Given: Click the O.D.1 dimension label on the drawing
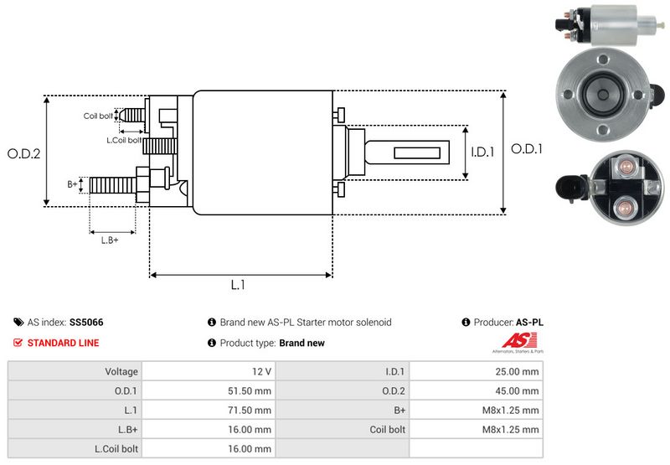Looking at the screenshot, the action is click(527, 149).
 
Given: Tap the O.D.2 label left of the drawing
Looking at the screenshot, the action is click(24, 154).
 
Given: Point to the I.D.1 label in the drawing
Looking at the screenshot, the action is click(482, 152).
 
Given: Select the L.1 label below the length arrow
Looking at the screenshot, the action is click(238, 285).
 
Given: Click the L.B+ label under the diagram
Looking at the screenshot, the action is click(110, 240).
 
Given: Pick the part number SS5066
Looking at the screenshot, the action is click(86, 323).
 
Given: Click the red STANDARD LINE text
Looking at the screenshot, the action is click(64, 343).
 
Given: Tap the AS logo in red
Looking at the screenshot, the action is click(519, 341).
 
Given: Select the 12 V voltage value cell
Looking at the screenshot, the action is click(261, 371).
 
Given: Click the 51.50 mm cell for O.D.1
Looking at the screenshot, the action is click(250, 390).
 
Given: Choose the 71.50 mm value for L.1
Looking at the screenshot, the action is click(250, 411).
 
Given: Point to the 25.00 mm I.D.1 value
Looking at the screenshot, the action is click(517, 371).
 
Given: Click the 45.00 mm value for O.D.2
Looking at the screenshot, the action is click(517, 390).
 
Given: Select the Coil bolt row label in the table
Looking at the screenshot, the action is click(387, 430).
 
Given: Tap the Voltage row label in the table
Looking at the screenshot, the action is click(121, 371).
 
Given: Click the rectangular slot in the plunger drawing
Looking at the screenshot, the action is click(417, 153).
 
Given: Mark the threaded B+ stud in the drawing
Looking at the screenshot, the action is click(113, 185).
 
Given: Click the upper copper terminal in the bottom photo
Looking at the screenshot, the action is click(626, 166).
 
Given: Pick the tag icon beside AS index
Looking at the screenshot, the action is click(18, 323).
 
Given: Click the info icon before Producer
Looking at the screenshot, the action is click(466, 323).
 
